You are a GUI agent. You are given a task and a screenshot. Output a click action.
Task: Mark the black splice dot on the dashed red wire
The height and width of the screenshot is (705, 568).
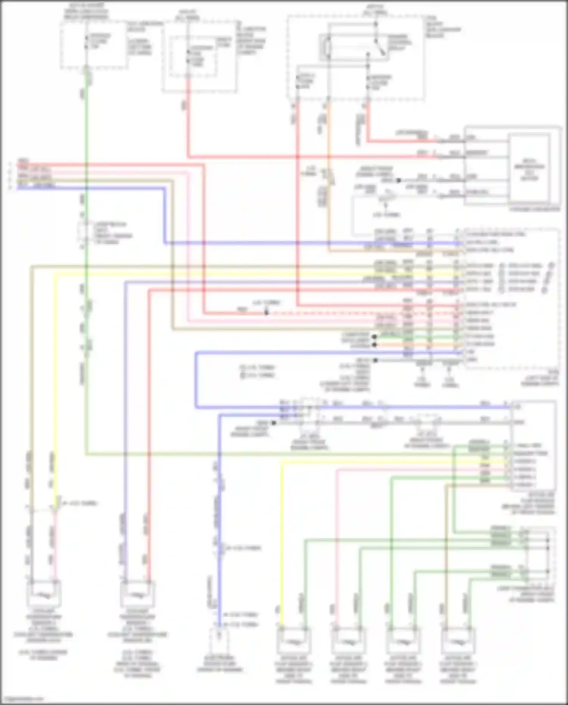click(x=266, y=313)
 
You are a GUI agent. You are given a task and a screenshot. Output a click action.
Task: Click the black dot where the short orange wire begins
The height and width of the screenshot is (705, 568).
click(x=375, y=344)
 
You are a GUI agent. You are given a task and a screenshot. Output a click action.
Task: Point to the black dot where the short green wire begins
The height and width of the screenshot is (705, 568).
click(x=375, y=336)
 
